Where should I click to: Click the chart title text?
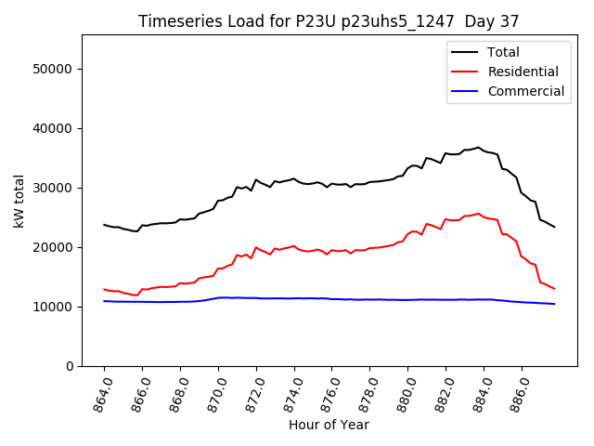tap(329, 20)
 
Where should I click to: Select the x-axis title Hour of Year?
tap(329, 425)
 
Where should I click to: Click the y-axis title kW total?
tap(18, 201)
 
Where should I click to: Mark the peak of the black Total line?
tap(479, 147)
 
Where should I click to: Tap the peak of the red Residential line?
tap(479, 214)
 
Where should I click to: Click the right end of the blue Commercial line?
tap(554, 304)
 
